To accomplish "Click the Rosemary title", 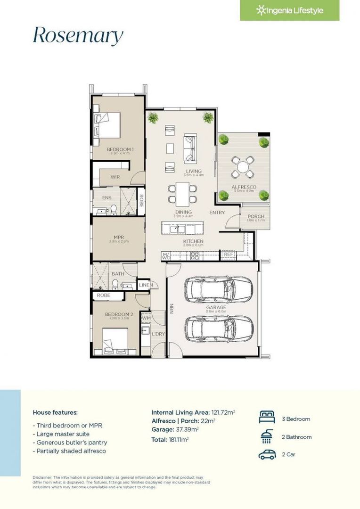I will pyautogui.click(x=78, y=36).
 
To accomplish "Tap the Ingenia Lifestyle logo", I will pyautogui.click(x=289, y=10).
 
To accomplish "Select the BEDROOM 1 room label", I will pyautogui.click(x=120, y=150).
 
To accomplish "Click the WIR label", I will pyautogui.click(x=115, y=177).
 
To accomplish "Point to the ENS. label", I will pyautogui.click(x=107, y=198).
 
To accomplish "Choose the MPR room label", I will pyautogui.click(x=118, y=238).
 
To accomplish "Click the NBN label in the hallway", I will pyautogui.click(x=172, y=309).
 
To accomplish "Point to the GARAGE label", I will pyautogui.click(x=216, y=308).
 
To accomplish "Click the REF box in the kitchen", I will pyautogui.click(x=229, y=254).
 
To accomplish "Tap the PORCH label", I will pyautogui.click(x=255, y=216).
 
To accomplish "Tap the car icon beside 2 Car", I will pyautogui.click(x=267, y=455).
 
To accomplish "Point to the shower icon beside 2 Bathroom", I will pyautogui.click(x=267, y=436).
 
